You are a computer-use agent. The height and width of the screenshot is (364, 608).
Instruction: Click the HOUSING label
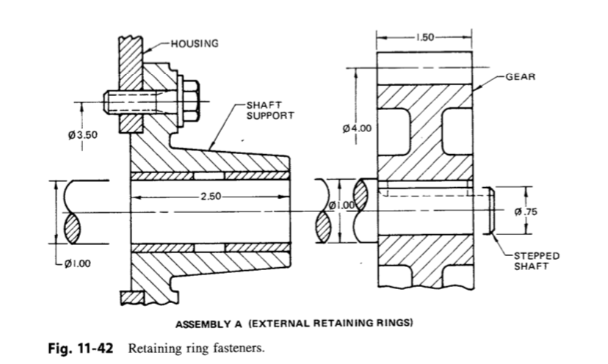pos(195,43)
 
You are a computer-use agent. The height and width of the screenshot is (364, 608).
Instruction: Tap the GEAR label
pos(521,76)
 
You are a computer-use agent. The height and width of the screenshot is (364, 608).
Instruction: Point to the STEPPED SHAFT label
pos(536,261)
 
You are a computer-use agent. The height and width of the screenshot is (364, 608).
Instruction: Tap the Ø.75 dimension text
pos(527,211)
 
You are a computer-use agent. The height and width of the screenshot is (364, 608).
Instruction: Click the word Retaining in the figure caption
pos(156,346)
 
